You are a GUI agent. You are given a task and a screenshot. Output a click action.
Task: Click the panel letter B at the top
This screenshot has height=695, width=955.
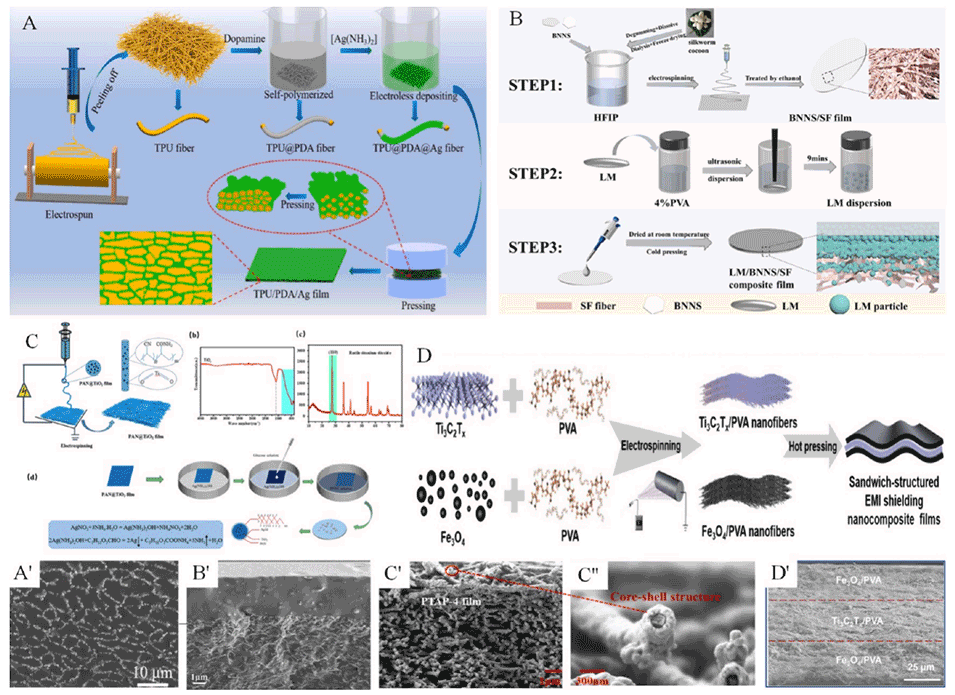click(x=516, y=17)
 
